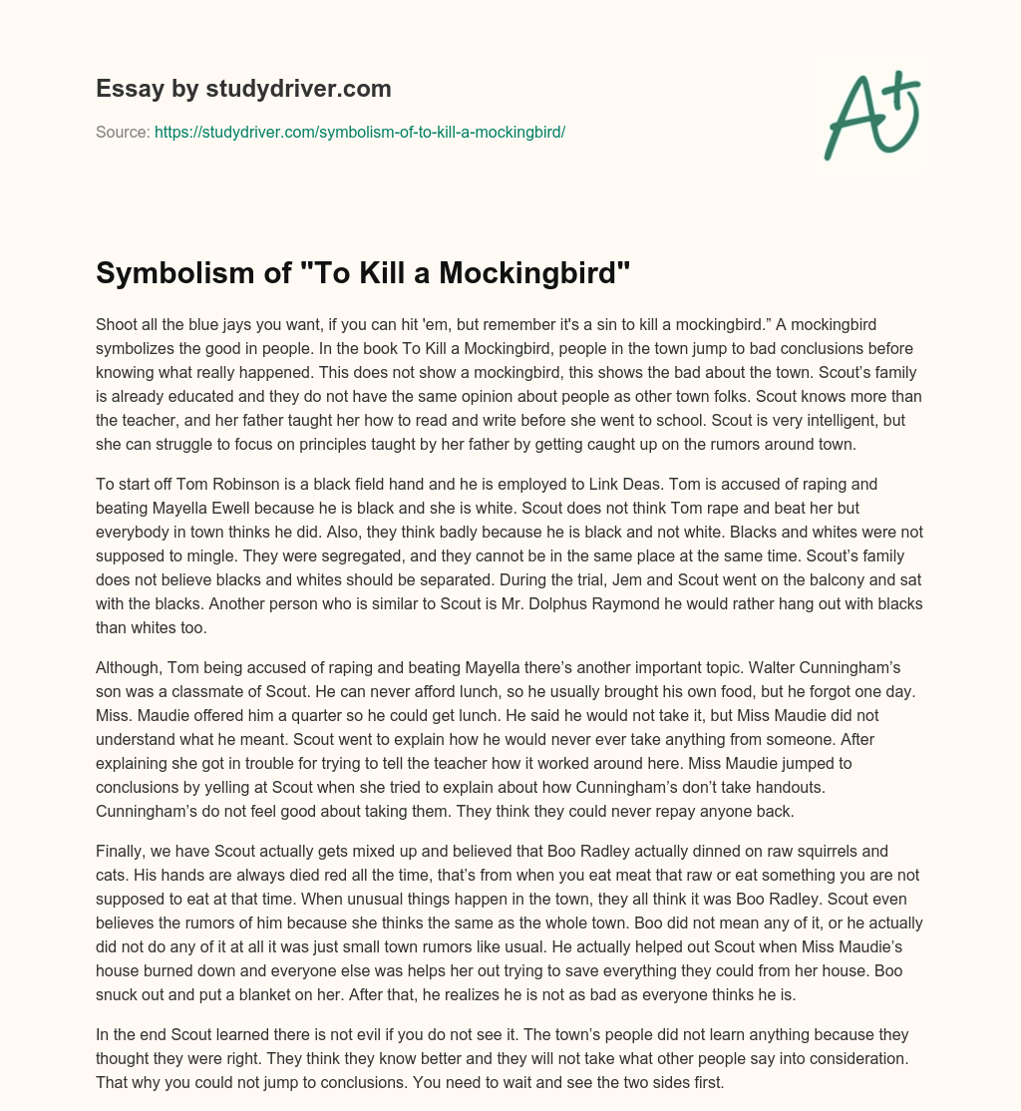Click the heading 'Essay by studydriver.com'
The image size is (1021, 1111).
pyautogui.click(x=243, y=89)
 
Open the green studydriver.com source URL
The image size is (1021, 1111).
pyautogui.click(x=360, y=132)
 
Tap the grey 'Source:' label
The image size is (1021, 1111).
pyautogui.click(x=123, y=132)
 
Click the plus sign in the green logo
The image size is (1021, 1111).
pyautogui.click(x=902, y=88)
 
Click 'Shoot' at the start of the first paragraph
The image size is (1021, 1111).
pyautogui.click(x=117, y=325)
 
